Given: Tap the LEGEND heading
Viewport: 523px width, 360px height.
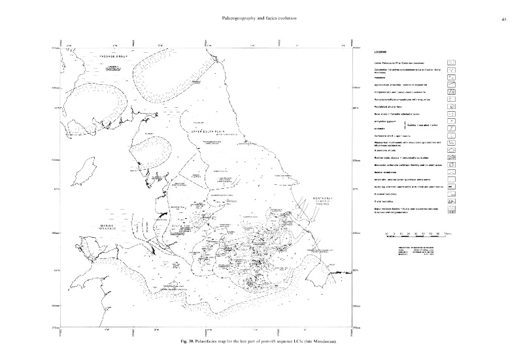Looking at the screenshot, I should [380, 52].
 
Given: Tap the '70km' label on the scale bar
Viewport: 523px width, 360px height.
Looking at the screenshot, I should [445, 233].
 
